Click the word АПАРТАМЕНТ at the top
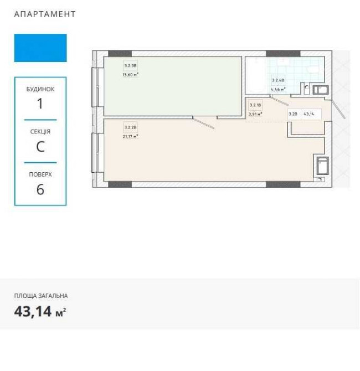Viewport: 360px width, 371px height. pyautogui.click(x=44, y=14)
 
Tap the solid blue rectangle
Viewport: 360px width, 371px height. pyautogui.click(x=40, y=48)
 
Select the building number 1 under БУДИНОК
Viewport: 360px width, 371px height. pyautogui.click(x=40, y=103)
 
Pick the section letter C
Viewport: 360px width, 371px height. pyautogui.click(x=40, y=147)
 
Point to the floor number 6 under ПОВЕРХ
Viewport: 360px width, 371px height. pyautogui.click(x=40, y=189)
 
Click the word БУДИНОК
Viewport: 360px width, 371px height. pyautogui.click(x=40, y=89)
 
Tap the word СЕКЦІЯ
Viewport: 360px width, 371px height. pyautogui.click(x=40, y=132)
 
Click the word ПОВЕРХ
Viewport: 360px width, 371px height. pyautogui.click(x=40, y=174)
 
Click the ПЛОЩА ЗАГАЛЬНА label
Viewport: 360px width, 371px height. pyautogui.click(x=41, y=296)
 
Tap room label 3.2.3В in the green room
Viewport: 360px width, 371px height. pyautogui.click(x=130, y=65)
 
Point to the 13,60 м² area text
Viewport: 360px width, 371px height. pyautogui.click(x=130, y=74)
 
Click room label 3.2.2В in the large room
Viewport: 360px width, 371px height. pyautogui.click(x=130, y=127)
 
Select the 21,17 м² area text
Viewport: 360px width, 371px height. pyautogui.click(x=130, y=135)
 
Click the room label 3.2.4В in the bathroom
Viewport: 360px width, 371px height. pyautogui.click(x=277, y=80)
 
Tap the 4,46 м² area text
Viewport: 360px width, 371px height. pyautogui.click(x=277, y=89)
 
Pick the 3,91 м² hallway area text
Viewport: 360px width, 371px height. pyautogui.click(x=255, y=113)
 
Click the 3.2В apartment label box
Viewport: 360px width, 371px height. pyautogui.click(x=293, y=114)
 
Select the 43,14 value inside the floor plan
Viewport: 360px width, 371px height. pyautogui.click(x=309, y=114)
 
